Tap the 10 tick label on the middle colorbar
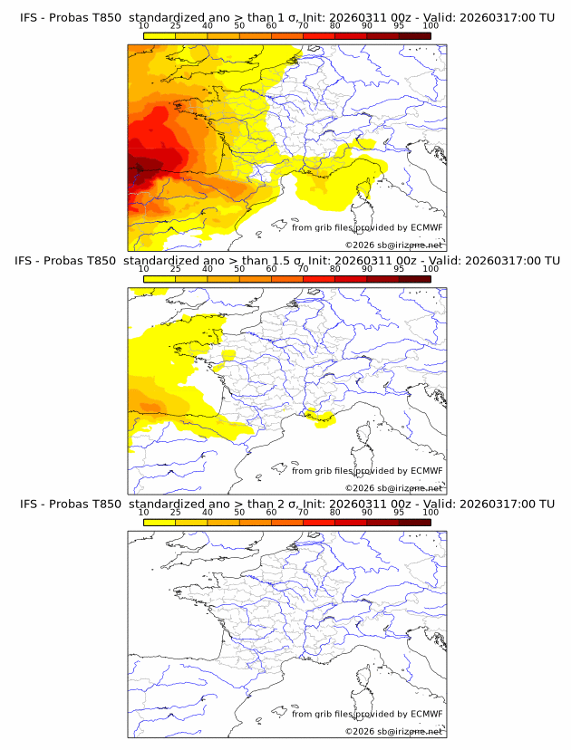[144, 268]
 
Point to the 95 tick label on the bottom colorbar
[400, 512]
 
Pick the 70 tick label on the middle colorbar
[304, 268]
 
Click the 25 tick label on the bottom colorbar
[176, 512]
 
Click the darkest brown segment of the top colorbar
[414, 35]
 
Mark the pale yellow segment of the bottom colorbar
[160, 523]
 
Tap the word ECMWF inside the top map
[427, 227]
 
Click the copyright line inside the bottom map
[393, 731]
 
